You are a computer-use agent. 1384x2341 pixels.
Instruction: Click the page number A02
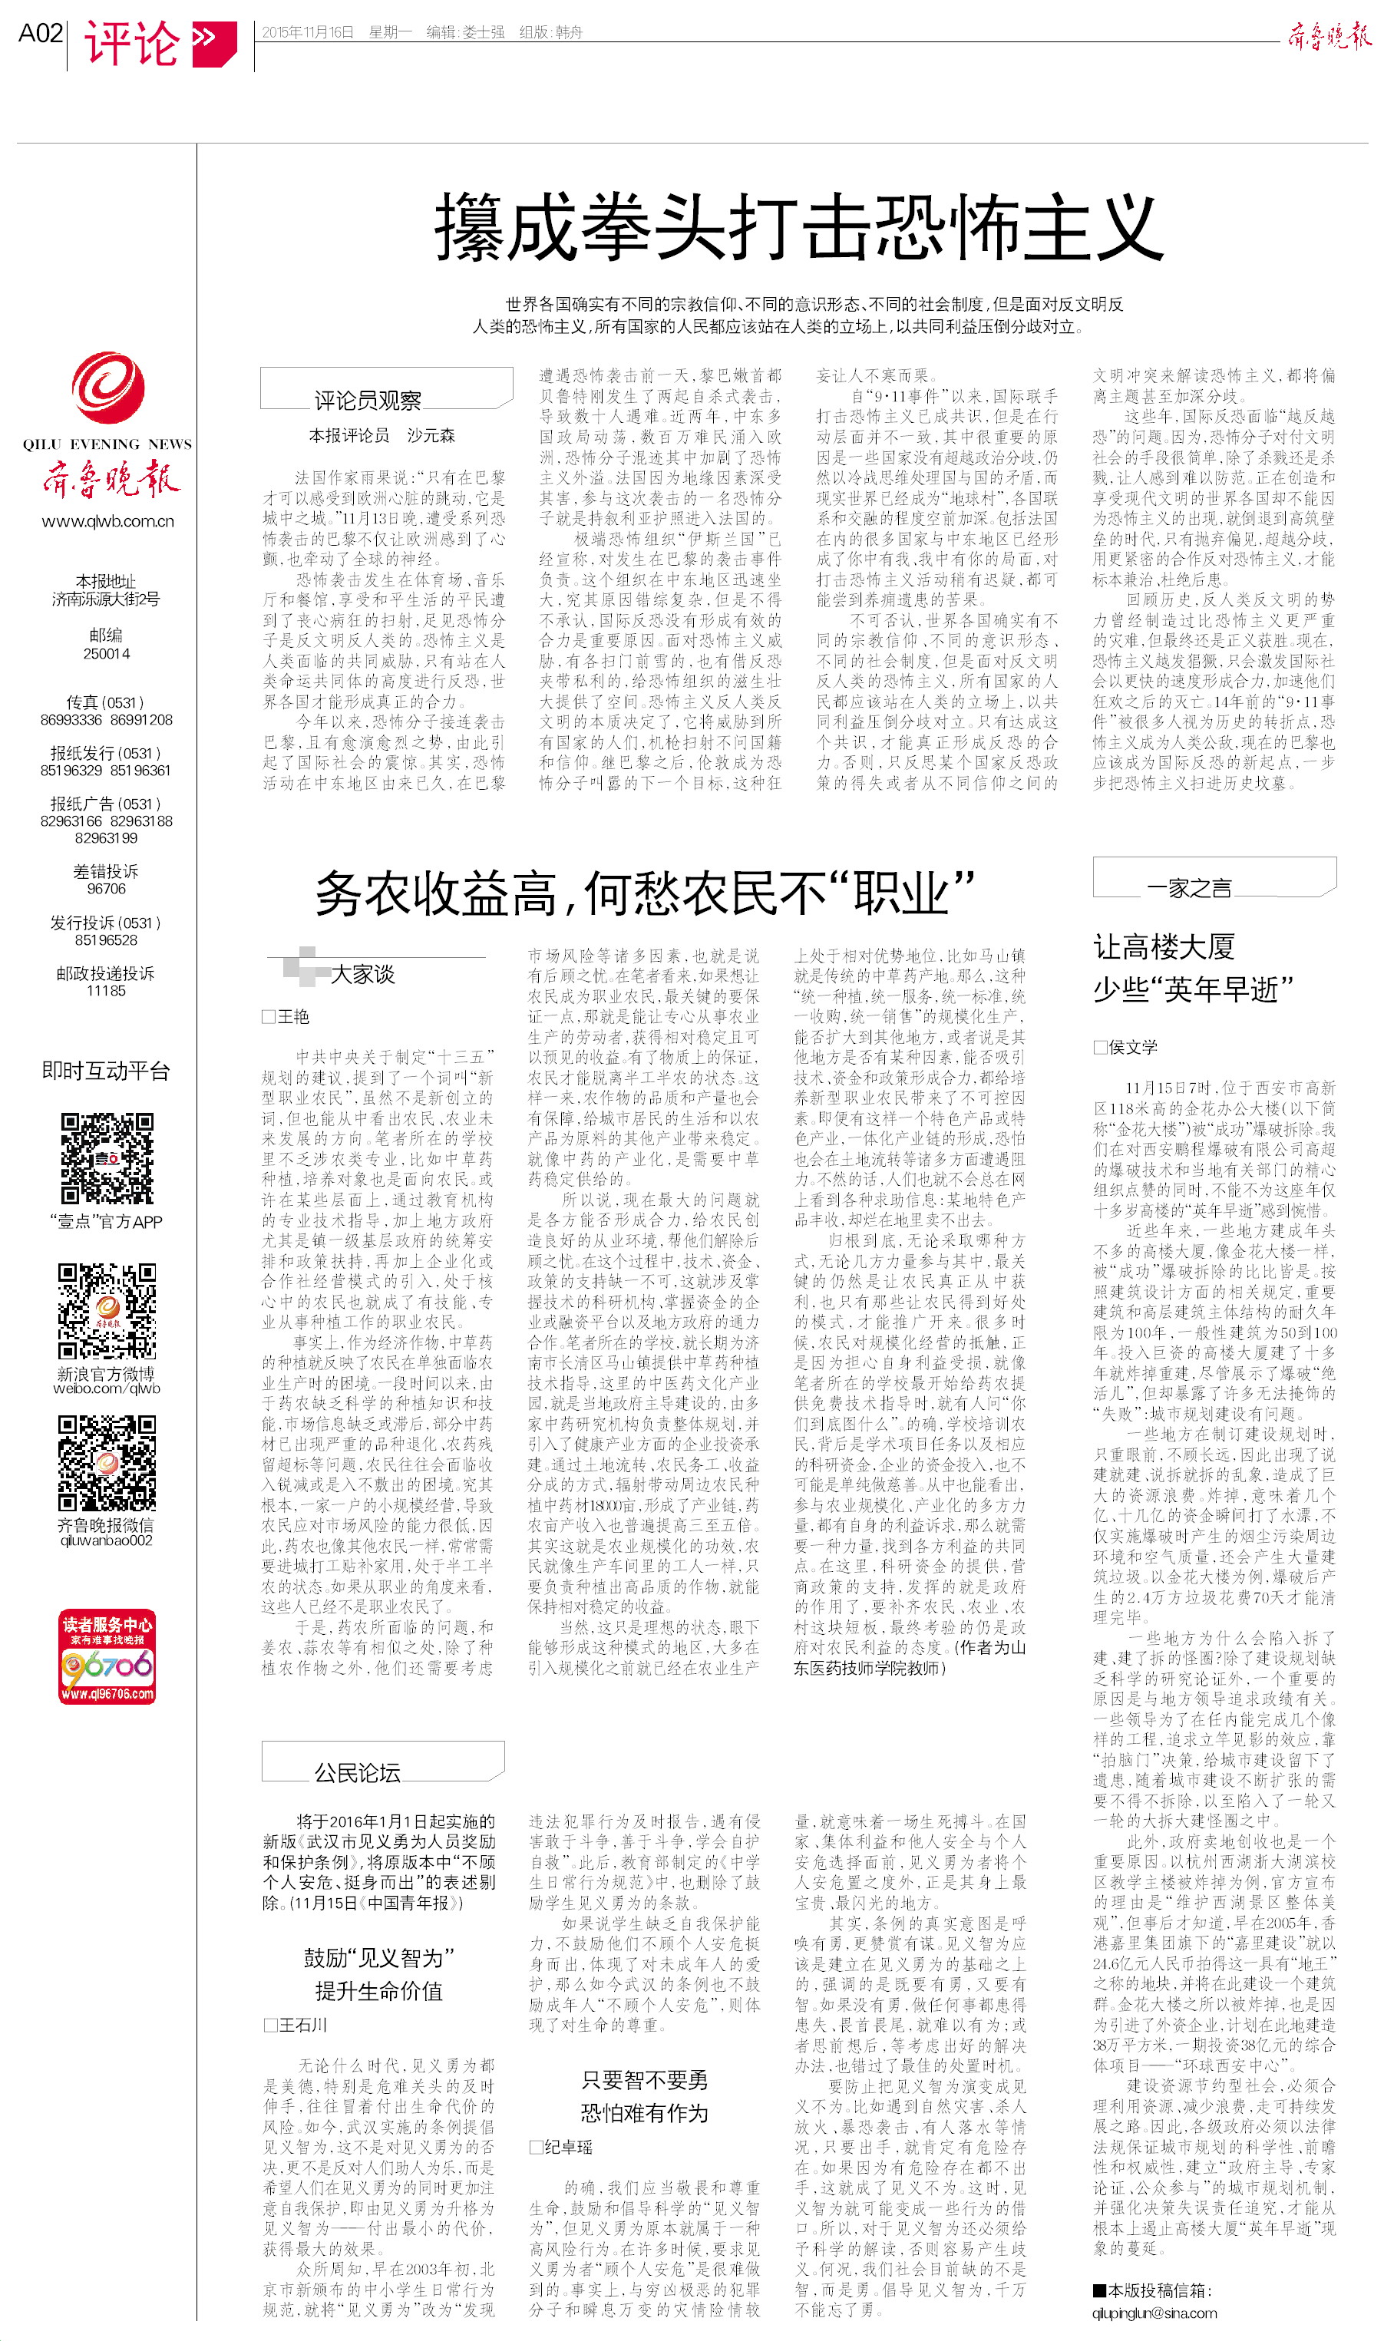[x=40, y=34]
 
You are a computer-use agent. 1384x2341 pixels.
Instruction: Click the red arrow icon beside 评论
[x=213, y=43]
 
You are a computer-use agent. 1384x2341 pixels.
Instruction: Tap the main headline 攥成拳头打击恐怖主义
[x=799, y=226]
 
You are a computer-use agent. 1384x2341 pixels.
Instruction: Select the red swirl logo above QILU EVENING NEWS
[x=108, y=387]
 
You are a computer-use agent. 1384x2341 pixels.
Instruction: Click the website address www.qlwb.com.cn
[x=107, y=521]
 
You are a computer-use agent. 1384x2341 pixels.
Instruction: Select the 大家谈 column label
[x=363, y=974]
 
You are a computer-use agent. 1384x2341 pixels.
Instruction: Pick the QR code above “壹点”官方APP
[x=107, y=1158]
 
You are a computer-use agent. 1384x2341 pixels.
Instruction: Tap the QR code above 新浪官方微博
[x=107, y=1311]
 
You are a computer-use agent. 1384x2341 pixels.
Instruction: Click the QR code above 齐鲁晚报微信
[x=107, y=1463]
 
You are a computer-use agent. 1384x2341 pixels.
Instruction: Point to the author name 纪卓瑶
[x=567, y=2147]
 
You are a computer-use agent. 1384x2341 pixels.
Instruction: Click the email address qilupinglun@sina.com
[x=1154, y=2313]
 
